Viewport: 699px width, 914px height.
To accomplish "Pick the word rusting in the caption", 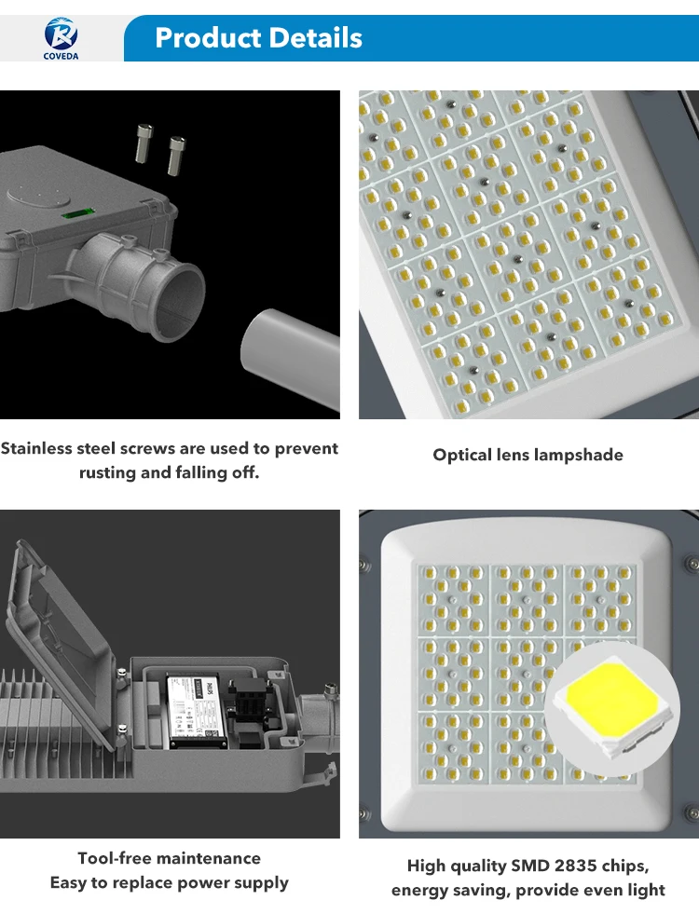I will pyautogui.click(x=107, y=472).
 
